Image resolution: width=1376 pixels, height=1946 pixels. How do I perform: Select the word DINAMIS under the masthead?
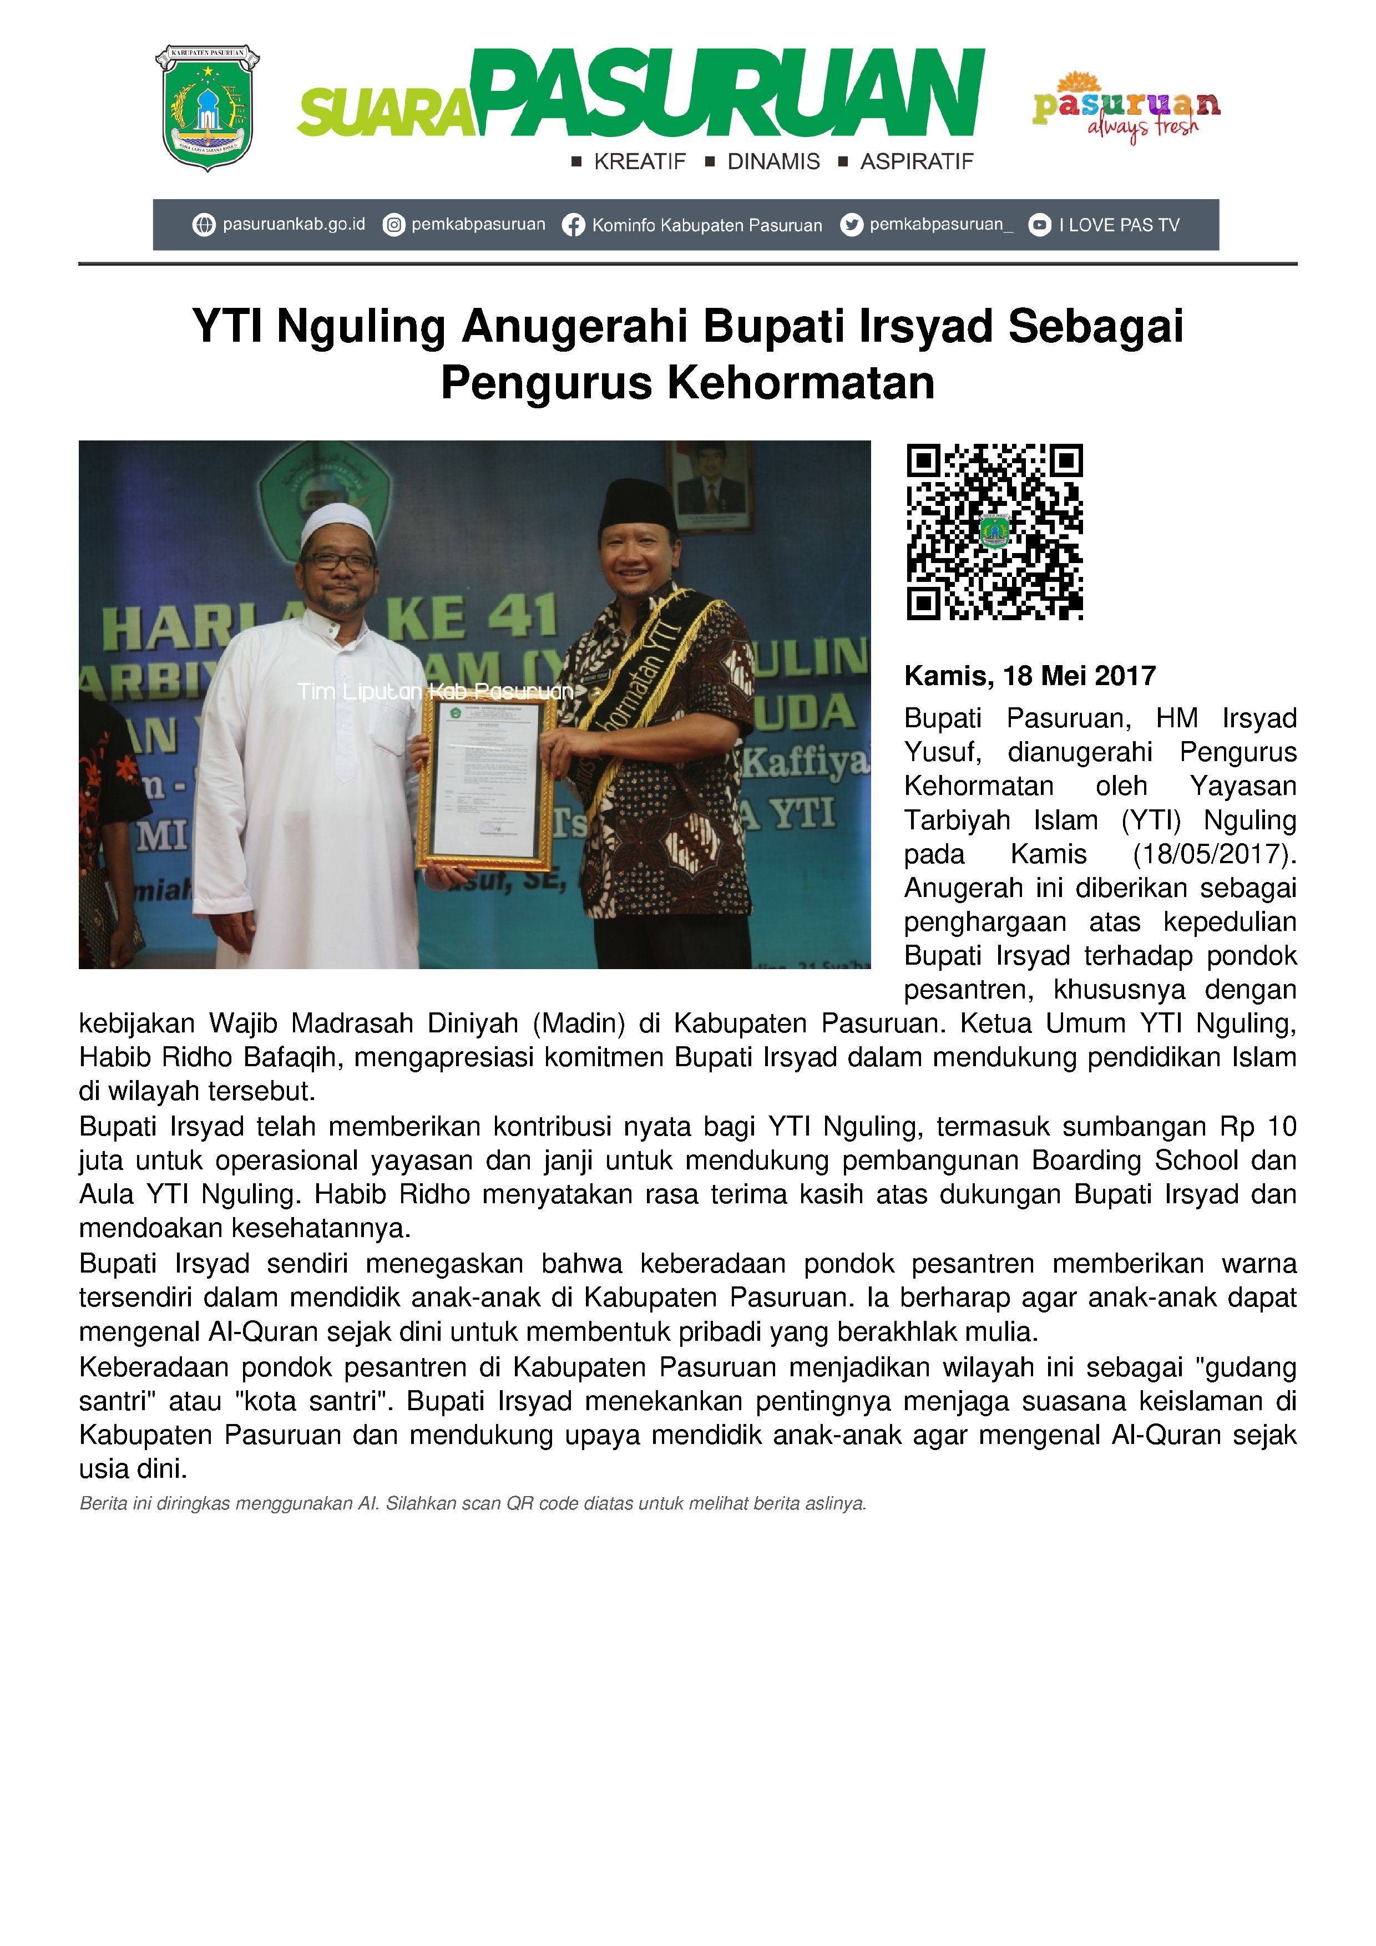point(773,162)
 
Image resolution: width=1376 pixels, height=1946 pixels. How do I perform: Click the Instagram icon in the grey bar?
point(393,225)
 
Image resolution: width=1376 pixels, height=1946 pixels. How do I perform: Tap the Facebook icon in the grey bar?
point(573,225)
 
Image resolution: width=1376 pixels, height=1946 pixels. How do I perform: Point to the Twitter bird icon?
point(851,225)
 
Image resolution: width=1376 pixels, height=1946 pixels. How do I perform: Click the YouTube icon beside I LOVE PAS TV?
point(1039,225)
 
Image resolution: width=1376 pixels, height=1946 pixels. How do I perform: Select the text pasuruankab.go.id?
point(294,225)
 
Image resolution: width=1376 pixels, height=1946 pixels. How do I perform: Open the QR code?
point(994,531)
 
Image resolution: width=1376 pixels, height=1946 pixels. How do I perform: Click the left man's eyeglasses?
point(338,561)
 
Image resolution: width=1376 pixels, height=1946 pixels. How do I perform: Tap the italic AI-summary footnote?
point(472,1503)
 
